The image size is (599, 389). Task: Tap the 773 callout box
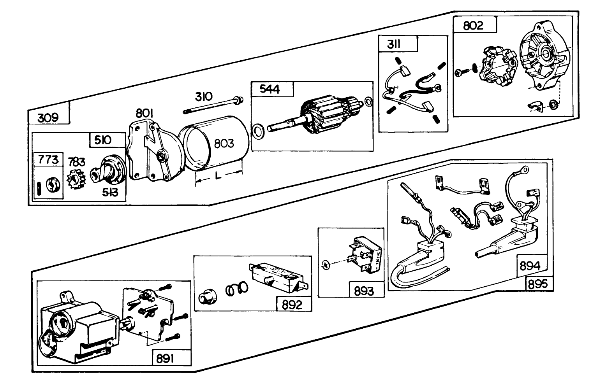tap(48, 159)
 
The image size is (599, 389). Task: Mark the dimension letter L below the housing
tap(218, 176)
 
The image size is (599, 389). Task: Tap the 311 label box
tap(394, 44)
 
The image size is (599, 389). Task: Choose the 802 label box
tap(473, 25)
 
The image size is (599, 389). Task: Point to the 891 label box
tap(165, 359)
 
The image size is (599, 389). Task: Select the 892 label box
tap(292, 304)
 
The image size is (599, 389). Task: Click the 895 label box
tap(538, 284)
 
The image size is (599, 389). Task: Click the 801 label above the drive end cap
tap(144, 114)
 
